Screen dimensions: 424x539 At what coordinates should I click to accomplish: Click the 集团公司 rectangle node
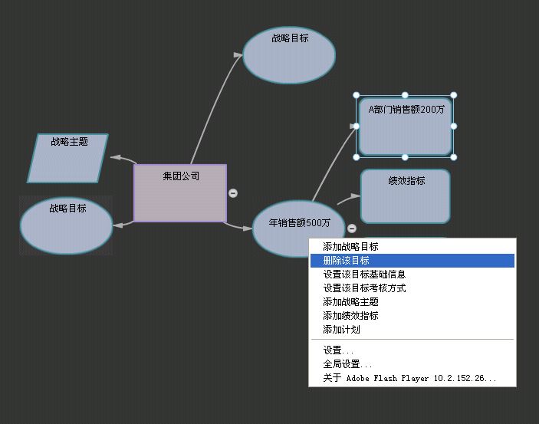click(x=180, y=193)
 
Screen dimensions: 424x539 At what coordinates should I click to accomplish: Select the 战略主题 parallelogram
click(x=68, y=159)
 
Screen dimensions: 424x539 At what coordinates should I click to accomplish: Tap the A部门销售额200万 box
click(x=406, y=126)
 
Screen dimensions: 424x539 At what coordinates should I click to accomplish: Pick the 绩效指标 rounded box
click(x=406, y=196)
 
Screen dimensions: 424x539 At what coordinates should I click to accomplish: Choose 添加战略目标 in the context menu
click(x=350, y=247)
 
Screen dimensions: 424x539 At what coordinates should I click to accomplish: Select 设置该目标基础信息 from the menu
click(x=364, y=274)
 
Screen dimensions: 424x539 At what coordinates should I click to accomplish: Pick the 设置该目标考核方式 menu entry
click(x=364, y=288)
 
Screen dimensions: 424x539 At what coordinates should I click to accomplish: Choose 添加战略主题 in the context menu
click(x=350, y=302)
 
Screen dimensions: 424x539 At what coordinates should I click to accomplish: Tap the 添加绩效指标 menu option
click(x=350, y=316)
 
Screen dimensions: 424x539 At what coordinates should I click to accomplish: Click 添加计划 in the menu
click(x=341, y=330)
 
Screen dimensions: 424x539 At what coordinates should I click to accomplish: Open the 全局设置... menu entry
click(x=348, y=364)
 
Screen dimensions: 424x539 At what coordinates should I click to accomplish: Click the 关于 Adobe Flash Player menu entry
click(x=409, y=378)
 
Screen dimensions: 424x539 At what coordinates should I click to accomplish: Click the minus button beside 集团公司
click(x=233, y=193)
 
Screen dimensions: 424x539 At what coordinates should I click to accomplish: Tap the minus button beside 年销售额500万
click(x=352, y=228)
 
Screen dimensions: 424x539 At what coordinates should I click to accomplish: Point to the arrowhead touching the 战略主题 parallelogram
click(x=115, y=157)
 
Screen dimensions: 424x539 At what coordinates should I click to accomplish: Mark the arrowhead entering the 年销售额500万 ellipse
click(x=247, y=228)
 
